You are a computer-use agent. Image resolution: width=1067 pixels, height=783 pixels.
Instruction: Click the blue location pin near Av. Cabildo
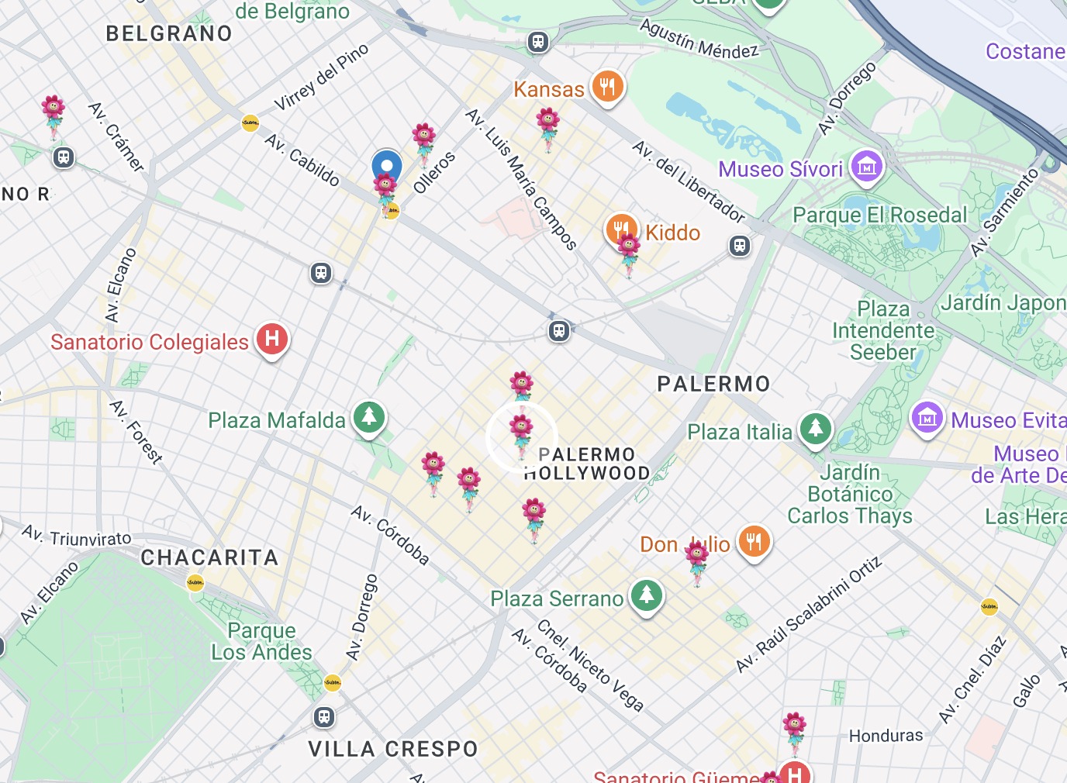coord(386,166)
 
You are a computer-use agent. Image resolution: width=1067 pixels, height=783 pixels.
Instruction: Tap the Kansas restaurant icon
coord(607,87)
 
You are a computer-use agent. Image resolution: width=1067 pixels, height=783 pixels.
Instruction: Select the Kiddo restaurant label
coord(672,233)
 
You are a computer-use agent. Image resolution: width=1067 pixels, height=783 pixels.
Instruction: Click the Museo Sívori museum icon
coord(867,167)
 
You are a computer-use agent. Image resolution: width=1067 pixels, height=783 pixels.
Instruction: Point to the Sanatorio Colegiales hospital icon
coord(272,340)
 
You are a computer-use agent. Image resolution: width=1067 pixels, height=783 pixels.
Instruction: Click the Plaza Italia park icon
coord(815,429)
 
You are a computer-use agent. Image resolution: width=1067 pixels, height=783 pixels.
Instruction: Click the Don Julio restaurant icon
coord(754,541)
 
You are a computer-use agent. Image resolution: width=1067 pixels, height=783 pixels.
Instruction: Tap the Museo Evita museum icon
coord(927,419)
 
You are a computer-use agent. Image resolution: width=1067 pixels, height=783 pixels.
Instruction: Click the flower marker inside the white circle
coord(521,434)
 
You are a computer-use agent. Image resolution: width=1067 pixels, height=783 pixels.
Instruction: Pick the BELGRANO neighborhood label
coord(169,33)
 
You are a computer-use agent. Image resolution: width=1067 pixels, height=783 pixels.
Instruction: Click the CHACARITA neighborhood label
coord(209,557)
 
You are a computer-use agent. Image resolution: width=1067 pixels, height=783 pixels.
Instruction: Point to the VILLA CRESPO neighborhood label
coord(393,749)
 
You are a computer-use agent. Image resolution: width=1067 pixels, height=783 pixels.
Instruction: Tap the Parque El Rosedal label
coord(879,215)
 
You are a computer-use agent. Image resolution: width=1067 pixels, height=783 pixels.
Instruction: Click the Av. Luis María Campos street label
coord(521,179)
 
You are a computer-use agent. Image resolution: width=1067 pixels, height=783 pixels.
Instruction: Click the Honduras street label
coord(886,735)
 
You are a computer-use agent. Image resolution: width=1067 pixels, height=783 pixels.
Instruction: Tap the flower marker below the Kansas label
coord(547,128)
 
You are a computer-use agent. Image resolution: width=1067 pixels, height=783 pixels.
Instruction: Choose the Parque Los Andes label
coord(261,641)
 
